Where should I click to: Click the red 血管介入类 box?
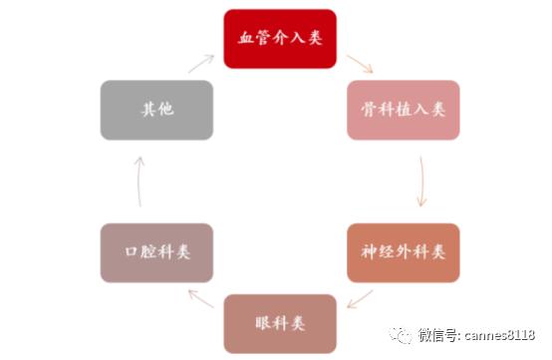tap(280, 39)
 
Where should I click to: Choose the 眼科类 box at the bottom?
tap(280, 323)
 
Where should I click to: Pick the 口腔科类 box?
tap(156, 251)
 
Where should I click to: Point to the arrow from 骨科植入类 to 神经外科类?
tap(422, 180)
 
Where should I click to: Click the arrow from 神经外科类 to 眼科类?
tap(360, 296)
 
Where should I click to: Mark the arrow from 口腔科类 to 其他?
tap(138, 180)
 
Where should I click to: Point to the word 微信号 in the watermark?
tap(439, 336)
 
